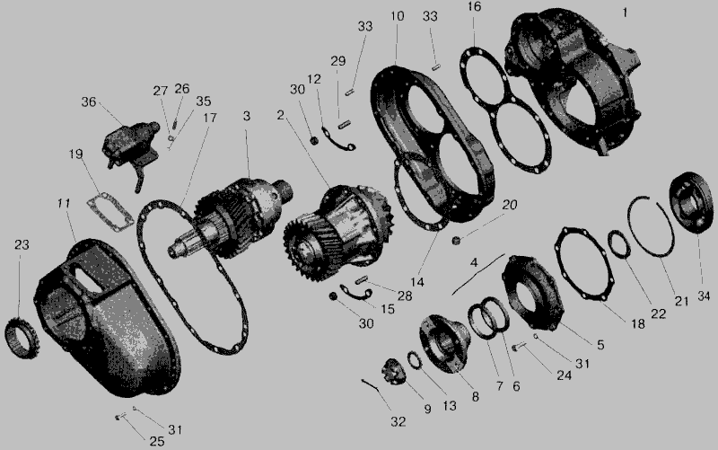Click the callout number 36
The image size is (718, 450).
click(x=88, y=101)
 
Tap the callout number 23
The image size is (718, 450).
click(x=22, y=245)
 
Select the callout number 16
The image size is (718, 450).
click(x=475, y=7)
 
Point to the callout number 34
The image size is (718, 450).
click(x=704, y=296)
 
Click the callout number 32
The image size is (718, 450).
click(x=398, y=422)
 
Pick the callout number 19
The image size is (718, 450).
click(x=75, y=154)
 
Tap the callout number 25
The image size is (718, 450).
click(x=156, y=441)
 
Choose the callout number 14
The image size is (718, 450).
click(x=416, y=282)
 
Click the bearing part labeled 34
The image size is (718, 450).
click(x=690, y=202)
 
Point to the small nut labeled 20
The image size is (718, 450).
click(x=455, y=240)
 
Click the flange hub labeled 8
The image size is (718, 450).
click(x=443, y=344)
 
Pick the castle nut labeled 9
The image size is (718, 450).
click(x=393, y=371)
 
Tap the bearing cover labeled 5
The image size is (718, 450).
click(x=532, y=292)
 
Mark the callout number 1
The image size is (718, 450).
click(x=625, y=13)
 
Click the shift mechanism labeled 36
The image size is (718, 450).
click(x=129, y=146)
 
